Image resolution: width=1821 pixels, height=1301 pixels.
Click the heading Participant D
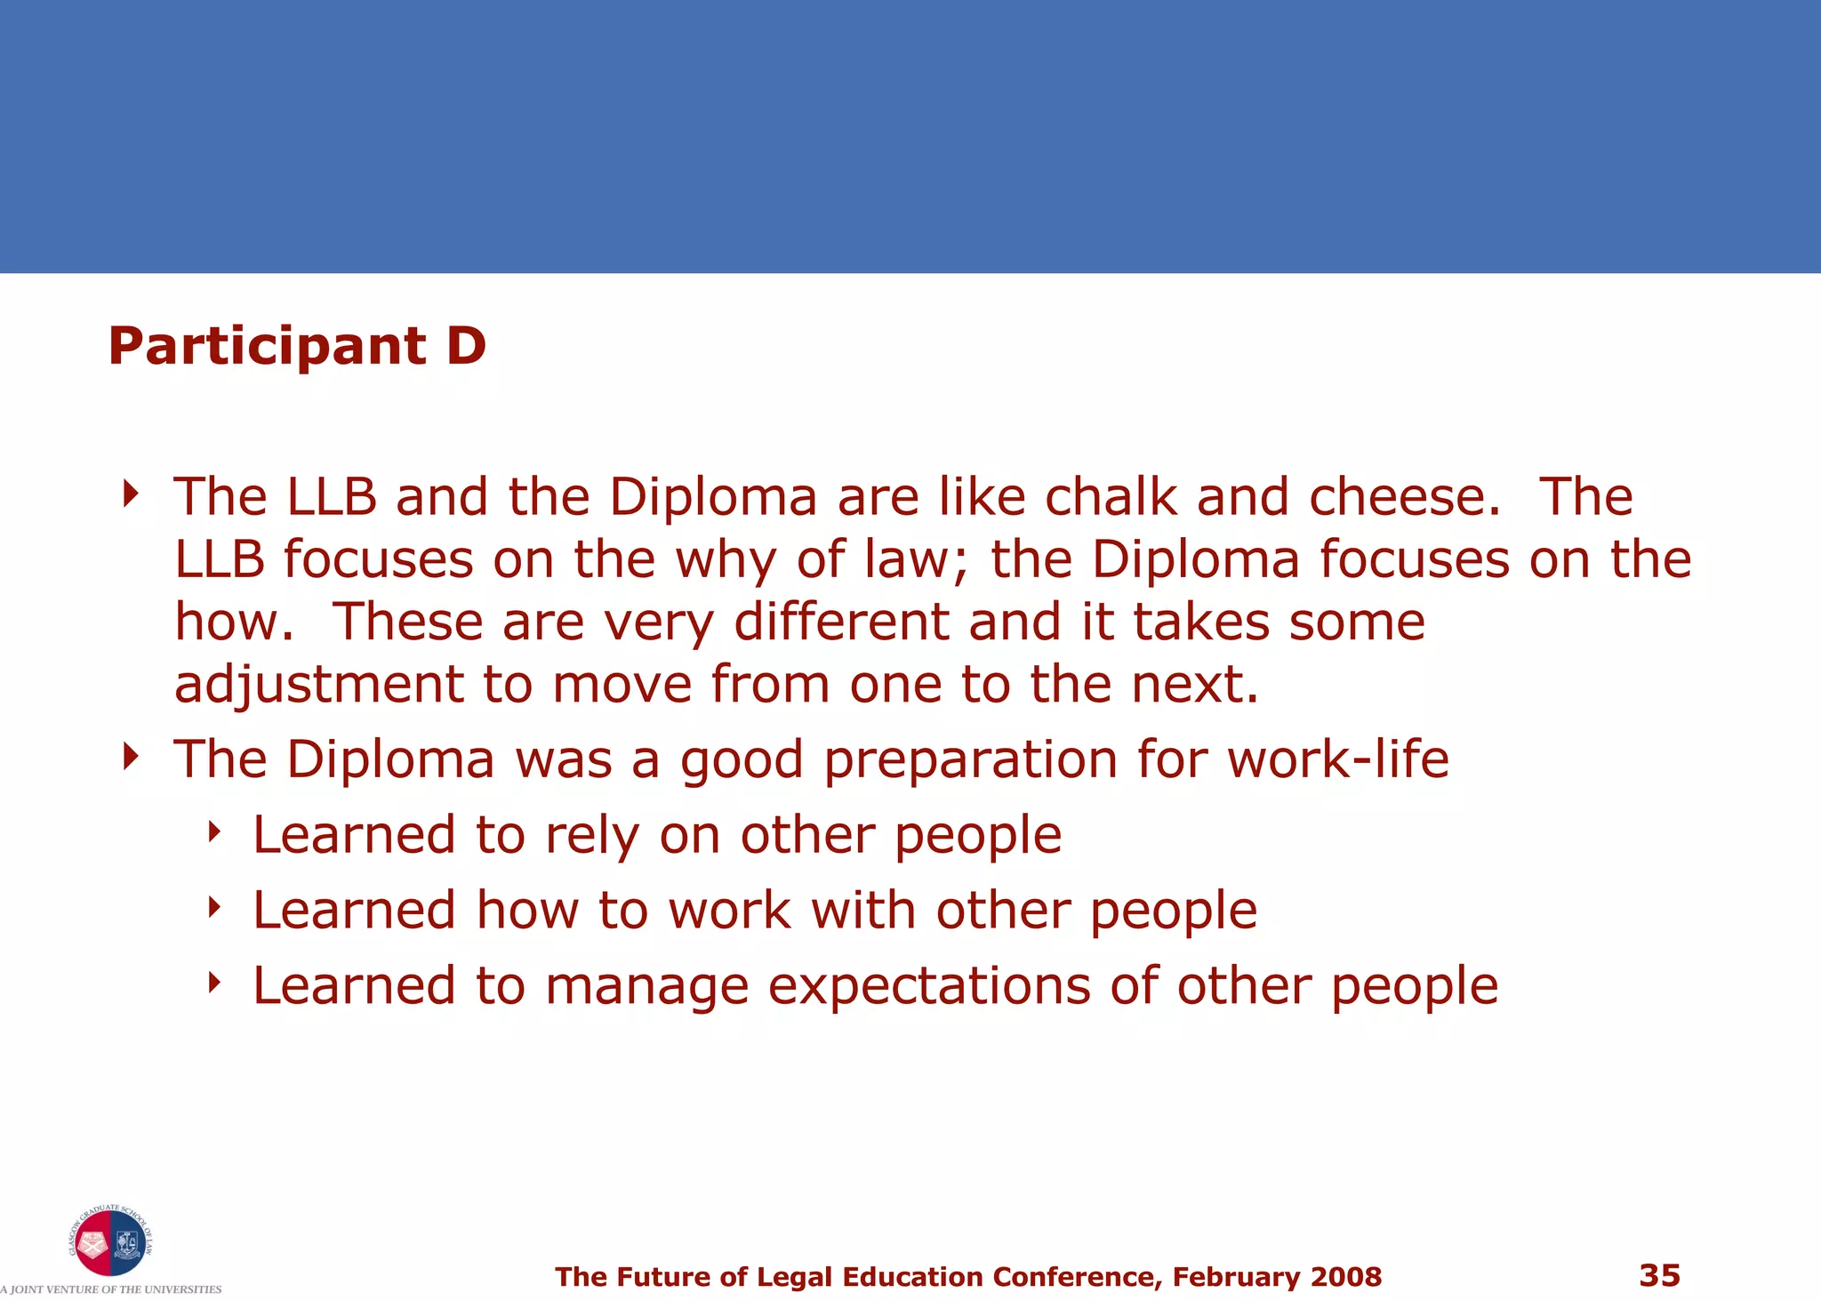pyautogui.click(x=297, y=346)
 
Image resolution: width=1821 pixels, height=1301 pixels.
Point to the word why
pyautogui.click(x=726, y=561)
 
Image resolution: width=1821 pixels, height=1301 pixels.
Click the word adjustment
pyautogui.click(x=318, y=686)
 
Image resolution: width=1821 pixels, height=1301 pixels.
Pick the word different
pyautogui.click(x=841, y=622)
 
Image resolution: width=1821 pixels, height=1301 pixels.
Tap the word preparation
pyautogui.click(x=970, y=761)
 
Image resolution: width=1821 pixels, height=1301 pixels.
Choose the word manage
pyautogui.click(x=646, y=987)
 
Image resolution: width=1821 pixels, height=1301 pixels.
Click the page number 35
pyautogui.click(x=1659, y=1275)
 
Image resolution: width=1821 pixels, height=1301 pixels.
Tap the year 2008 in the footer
pyautogui.click(x=1344, y=1277)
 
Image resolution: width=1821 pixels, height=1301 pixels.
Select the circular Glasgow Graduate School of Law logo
pyautogui.click(x=109, y=1241)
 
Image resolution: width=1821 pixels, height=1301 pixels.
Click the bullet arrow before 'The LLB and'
pyautogui.click(x=132, y=493)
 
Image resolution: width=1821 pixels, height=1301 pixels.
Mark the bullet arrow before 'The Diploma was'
pyautogui.click(x=132, y=756)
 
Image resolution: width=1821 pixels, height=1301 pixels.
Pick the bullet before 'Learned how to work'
pyautogui.click(x=213, y=907)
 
